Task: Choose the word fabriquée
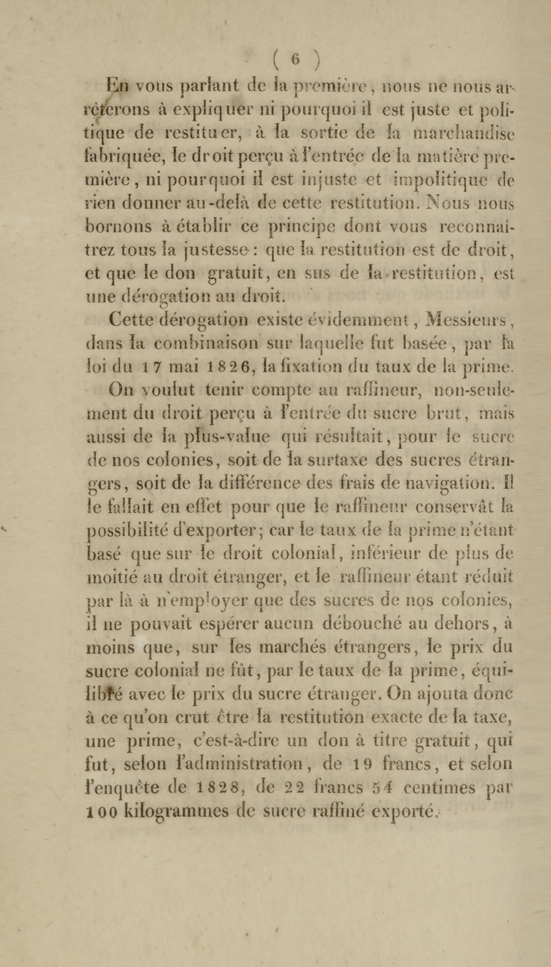(x=123, y=158)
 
